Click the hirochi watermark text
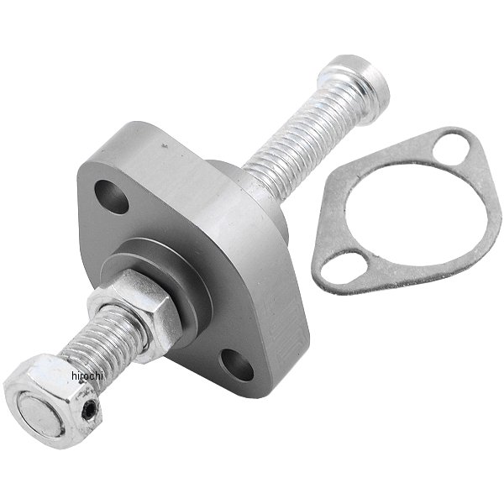(x=87, y=375)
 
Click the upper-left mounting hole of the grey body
(x=113, y=197)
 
